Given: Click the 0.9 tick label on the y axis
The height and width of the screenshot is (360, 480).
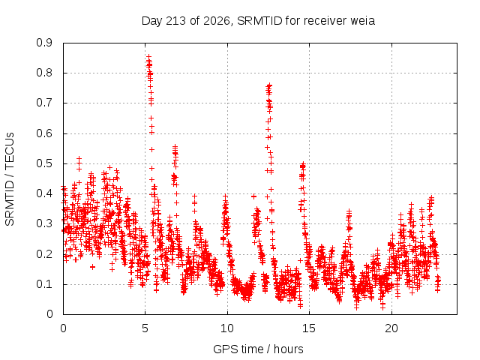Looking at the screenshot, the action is click(x=44, y=43).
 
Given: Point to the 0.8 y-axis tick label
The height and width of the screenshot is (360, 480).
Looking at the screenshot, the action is click(x=44, y=73).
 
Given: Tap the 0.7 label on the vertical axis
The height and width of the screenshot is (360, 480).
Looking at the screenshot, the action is click(x=44, y=103).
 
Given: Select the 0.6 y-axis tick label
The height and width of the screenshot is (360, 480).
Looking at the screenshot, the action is click(x=44, y=133).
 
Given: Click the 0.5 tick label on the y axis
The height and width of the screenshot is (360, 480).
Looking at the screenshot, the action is click(x=44, y=163).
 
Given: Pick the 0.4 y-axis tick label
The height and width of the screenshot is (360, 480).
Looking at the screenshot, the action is click(x=44, y=193).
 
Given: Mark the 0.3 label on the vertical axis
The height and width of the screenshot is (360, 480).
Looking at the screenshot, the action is click(x=44, y=223).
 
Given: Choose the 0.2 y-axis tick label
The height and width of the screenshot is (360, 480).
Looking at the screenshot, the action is click(x=44, y=254).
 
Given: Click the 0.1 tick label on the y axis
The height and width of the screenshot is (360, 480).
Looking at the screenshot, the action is click(x=44, y=284).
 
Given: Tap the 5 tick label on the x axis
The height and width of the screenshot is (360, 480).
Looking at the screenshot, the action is click(x=145, y=328).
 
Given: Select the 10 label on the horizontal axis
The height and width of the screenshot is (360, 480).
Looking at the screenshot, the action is click(x=227, y=328).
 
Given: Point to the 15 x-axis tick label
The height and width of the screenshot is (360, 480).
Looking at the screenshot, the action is click(x=309, y=328).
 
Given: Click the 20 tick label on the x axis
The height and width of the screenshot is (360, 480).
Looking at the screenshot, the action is click(x=391, y=328).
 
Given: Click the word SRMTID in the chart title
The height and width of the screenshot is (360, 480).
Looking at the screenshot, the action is click(x=259, y=21).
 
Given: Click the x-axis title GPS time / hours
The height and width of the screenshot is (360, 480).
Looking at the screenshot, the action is click(x=258, y=349).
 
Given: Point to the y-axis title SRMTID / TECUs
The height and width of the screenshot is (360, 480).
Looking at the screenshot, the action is click(x=10, y=179).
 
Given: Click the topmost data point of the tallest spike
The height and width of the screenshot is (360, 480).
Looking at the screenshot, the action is click(x=148, y=57).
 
